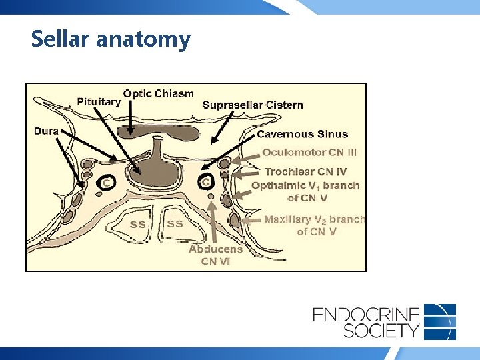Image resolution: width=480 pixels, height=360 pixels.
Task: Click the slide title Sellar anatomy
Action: coord(111,39)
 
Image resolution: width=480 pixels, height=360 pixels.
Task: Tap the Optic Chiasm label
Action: coord(159,93)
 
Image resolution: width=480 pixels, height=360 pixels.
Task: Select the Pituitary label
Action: coord(99,102)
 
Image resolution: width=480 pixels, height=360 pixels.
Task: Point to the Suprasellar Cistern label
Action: coord(252,105)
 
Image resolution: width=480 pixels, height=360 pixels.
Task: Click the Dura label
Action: coord(47,131)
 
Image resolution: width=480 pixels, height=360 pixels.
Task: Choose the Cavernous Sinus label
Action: coord(302,134)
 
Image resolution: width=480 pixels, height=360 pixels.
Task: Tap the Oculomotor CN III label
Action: coord(309,152)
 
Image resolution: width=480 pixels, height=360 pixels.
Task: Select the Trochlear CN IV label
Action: coord(306,172)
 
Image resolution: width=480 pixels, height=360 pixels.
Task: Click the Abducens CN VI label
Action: coord(216,255)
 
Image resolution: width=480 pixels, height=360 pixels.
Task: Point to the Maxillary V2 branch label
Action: coord(315,225)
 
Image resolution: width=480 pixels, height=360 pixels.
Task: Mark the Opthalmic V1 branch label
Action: coord(305,191)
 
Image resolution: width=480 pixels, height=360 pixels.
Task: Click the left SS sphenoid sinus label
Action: coord(137,225)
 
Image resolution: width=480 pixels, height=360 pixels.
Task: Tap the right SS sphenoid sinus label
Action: coord(175,224)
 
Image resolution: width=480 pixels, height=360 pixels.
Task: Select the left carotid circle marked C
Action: coord(107,182)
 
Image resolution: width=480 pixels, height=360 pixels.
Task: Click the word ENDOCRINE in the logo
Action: coord(366,314)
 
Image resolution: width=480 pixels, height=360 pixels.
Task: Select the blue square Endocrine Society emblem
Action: coord(440,321)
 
